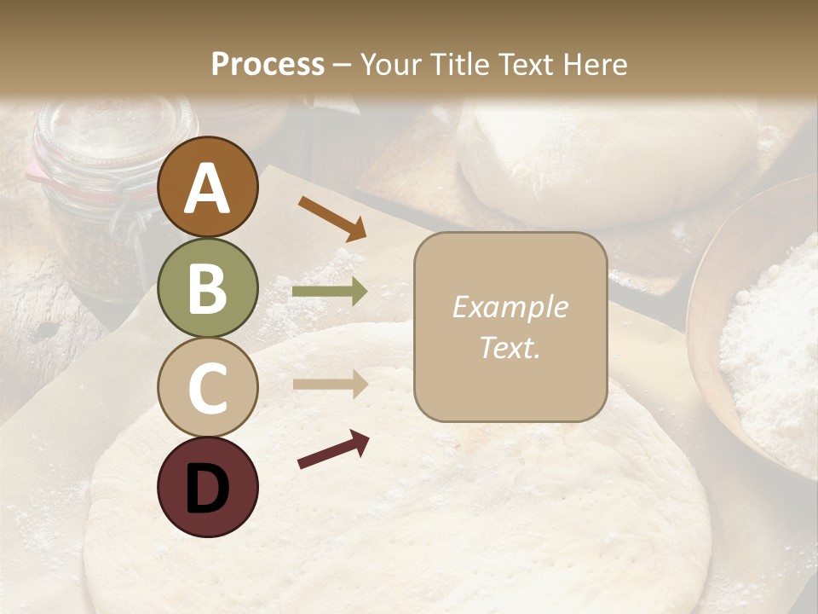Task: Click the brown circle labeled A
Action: (207, 188)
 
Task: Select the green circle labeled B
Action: (207, 287)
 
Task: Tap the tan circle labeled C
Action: (207, 387)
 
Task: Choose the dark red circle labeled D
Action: (207, 487)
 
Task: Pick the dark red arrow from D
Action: (333, 449)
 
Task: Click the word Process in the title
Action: (268, 64)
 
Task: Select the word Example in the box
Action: (510, 307)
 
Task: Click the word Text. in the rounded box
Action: (510, 347)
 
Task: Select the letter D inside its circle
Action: (207, 488)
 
